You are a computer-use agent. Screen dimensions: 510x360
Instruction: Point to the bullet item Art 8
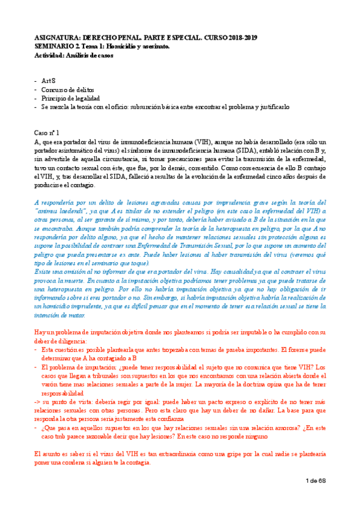click(49, 80)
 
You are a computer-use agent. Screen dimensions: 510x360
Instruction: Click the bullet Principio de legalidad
click(71, 98)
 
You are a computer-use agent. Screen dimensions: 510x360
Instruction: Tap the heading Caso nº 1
click(47, 131)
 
